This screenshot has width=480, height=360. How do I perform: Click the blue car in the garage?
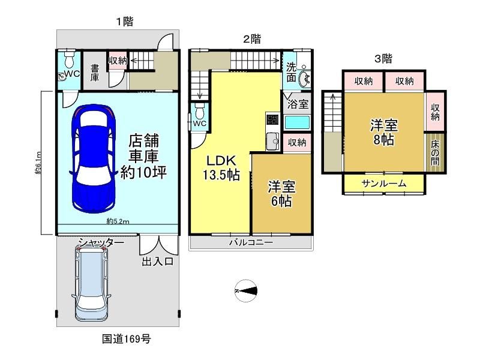(94, 159)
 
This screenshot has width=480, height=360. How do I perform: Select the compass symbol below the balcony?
(246, 291)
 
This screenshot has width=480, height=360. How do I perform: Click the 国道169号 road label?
(126, 339)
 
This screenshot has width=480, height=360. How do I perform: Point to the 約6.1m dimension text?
(38, 163)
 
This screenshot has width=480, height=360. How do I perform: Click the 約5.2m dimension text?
(118, 221)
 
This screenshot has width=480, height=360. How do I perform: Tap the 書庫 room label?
(95, 73)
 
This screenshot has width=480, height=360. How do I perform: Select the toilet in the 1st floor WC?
(70, 59)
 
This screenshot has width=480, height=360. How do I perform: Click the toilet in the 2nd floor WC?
(200, 112)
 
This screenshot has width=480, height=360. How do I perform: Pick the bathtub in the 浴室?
(297, 122)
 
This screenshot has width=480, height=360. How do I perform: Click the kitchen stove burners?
(272, 119)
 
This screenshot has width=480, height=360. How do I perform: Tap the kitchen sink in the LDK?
(272, 141)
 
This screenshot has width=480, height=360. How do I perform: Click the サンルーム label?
(383, 184)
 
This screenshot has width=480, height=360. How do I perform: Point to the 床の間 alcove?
(435, 152)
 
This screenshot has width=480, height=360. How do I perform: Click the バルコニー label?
(251, 243)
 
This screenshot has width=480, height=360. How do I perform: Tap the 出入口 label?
(158, 262)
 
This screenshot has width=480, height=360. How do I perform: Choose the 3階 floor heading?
(383, 58)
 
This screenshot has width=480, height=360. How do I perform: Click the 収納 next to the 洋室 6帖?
(297, 142)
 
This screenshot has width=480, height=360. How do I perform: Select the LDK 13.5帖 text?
(221, 168)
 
